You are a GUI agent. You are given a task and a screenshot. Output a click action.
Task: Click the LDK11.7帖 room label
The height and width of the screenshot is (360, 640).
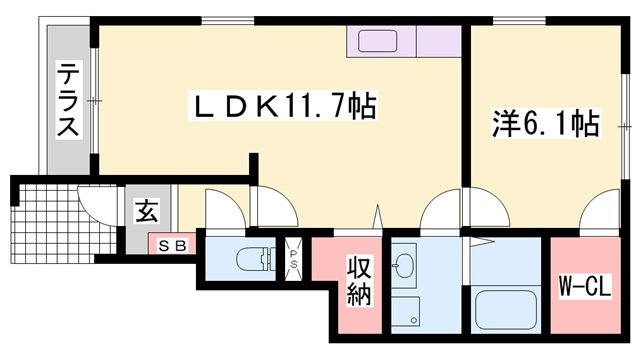[283, 105]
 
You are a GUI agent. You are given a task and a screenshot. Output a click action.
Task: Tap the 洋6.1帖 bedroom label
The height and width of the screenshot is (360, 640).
[545, 124]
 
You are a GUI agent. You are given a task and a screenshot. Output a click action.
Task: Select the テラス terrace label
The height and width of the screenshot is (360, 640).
[68, 100]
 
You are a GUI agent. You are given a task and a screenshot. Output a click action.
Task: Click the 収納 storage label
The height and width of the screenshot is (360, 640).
[360, 282]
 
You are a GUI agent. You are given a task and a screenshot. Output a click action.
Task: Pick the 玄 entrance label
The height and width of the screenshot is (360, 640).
[146, 212]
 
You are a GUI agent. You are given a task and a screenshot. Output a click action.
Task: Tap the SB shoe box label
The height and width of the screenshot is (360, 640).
[172, 244]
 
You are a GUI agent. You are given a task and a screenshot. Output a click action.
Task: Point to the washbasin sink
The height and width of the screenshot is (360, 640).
[404, 265]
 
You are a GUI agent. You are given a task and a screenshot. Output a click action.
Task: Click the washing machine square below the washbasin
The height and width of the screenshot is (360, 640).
[404, 311]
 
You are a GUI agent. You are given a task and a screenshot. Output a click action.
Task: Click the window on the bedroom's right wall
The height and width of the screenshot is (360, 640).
[627, 126]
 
